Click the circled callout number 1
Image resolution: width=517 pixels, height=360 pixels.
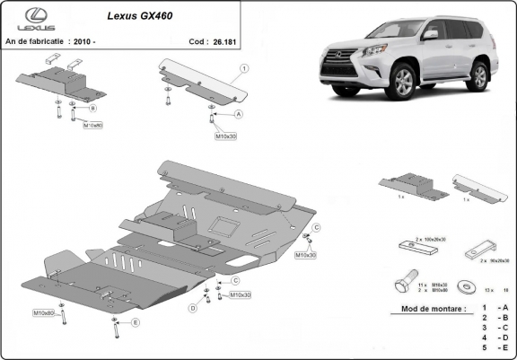pos(244,68)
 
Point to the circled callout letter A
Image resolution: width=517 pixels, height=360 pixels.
pos(239,115)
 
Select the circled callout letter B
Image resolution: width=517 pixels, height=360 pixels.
pos(92,108)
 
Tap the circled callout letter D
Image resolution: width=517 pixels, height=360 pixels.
pos(192,308)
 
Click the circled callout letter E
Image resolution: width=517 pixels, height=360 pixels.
pos(135,321)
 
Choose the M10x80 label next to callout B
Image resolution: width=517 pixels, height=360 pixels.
pos(93,126)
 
